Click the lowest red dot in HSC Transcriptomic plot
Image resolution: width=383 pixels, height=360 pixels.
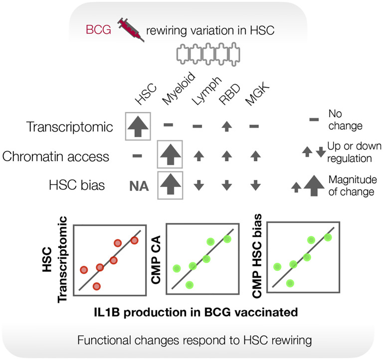click(x=97, y=286)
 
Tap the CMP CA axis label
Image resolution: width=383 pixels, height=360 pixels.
click(x=160, y=259)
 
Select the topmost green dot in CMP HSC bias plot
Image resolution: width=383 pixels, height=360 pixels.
click(x=328, y=236)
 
